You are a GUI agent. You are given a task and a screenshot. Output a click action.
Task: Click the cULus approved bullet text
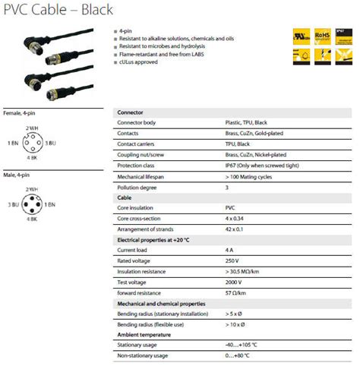click(139, 62)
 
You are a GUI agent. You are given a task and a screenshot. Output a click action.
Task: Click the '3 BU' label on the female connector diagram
click(51, 143)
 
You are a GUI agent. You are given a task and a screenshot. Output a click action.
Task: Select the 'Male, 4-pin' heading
click(17, 175)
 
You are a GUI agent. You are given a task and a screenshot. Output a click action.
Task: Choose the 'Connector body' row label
click(137, 122)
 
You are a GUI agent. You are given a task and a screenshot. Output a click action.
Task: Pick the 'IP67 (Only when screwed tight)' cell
click(267, 165)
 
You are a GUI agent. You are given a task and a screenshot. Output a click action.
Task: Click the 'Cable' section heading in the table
click(124, 197)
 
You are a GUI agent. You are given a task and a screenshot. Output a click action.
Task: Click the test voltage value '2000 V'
click(235, 281)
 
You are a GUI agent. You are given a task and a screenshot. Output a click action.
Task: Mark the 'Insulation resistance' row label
click(142, 270)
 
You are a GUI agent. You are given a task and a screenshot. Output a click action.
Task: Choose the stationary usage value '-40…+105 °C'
click(243, 344)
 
